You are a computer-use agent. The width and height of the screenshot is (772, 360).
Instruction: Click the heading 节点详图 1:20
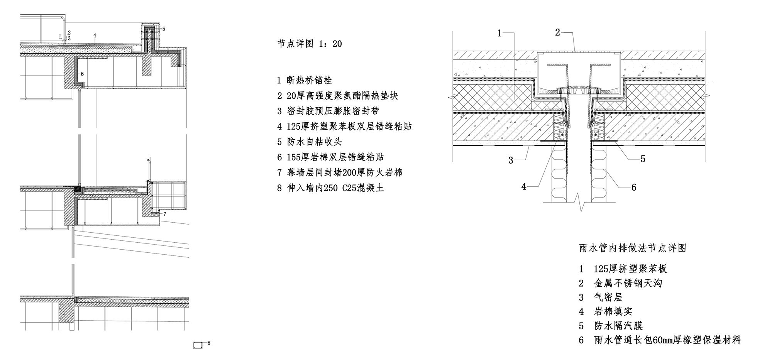click(310, 44)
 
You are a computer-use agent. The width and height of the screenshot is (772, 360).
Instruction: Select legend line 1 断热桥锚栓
click(305, 80)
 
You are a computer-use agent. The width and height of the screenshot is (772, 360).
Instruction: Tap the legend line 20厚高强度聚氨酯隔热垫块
click(337, 96)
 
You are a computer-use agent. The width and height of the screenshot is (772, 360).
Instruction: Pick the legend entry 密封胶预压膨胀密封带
click(328, 111)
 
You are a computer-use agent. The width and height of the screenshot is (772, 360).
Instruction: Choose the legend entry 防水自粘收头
click(309, 142)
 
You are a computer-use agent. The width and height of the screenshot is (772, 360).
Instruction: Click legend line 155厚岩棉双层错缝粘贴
click(330, 157)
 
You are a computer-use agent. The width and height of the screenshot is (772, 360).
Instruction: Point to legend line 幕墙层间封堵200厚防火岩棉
click(340, 172)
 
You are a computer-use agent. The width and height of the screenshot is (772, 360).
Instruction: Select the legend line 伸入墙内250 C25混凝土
click(330, 188)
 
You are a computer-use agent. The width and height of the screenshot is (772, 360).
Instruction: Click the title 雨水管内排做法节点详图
click(633, 248)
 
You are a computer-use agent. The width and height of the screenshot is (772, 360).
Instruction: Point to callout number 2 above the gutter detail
click(557, 32)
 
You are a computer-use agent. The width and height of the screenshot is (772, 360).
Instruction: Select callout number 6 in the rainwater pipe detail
click(634, 188)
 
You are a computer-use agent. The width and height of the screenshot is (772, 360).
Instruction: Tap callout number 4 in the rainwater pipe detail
click(524, 187)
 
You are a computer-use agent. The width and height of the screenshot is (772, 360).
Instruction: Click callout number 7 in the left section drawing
click(165, 213)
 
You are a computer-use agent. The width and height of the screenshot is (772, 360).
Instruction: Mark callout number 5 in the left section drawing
click(164, 29)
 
